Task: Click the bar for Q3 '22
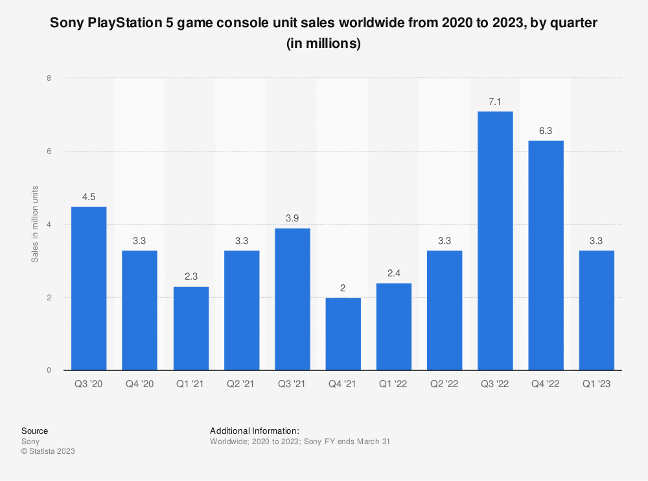coord(495,241)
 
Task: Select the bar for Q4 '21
coord(343,334)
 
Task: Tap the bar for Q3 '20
coord(89,289)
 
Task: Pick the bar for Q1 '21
coord(191,329)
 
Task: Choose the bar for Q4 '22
coord(546,256)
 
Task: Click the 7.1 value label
coord(495,102)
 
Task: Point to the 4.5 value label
coord(89,197)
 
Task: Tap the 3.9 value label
coord(292,219)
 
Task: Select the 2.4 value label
coord(393,273)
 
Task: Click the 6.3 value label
coord(546,131)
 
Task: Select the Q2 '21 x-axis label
coord(241,385)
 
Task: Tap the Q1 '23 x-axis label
coord(596,385)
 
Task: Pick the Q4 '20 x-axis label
coord(139,385)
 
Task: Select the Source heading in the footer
coord(34,431)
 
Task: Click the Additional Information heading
coord(255,431)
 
